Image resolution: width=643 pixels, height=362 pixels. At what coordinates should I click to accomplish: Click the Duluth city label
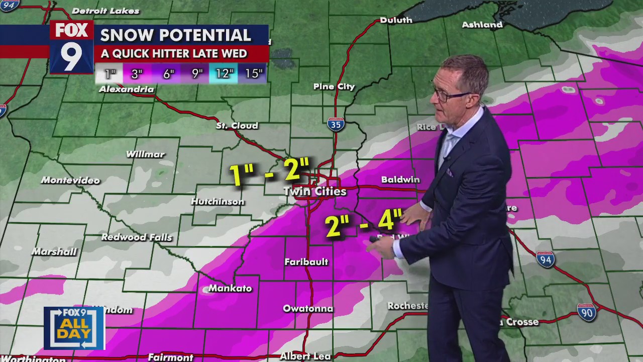point(396,20)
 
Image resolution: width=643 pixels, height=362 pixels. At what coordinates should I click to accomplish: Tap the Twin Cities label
point(315,192)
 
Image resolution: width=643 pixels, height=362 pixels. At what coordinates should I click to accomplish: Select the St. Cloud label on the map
point(237,126)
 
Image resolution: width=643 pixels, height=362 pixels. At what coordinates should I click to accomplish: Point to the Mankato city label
point(230,289)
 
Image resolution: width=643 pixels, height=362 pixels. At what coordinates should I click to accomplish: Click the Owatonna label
point(308,309)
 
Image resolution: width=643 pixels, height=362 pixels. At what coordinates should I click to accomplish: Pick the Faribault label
point(306,262)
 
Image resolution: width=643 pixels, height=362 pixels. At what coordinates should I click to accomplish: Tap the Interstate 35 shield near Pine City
point(336,124)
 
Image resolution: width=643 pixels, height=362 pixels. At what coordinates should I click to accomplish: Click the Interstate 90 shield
point(586,312)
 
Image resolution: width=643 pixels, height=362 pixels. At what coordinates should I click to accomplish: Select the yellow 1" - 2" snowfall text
point(268,172)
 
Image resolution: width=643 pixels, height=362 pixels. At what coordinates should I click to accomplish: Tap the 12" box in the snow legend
point(224,74)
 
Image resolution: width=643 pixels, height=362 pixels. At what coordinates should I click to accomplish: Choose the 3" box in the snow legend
point(137,74)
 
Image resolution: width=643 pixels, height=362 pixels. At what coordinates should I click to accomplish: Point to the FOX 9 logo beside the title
point(71,47)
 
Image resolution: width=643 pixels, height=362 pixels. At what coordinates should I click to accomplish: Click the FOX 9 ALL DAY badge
point(74,328)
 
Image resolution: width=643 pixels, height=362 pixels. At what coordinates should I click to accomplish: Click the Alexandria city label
point(126,89)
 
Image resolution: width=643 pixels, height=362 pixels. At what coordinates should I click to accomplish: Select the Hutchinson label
point(218,202)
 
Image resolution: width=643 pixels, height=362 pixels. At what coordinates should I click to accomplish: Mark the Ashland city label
point(482,25)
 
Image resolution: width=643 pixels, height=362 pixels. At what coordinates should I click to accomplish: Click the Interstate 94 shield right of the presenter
point(545,259)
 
